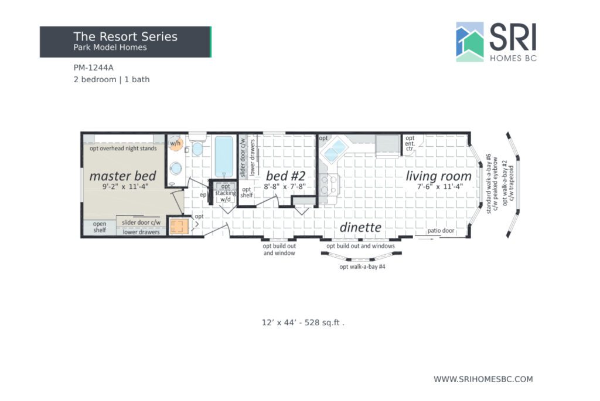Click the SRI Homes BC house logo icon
469,42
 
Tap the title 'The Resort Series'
125,36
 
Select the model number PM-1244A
93,68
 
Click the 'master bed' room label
122,176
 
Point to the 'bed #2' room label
285,176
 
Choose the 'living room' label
438,176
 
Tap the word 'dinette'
360,227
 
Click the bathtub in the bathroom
224,156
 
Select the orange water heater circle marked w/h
176,143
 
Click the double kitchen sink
335,150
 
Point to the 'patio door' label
441,230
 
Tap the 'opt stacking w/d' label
226,193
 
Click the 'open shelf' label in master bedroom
100,227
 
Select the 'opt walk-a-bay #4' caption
362,267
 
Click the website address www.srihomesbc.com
483,379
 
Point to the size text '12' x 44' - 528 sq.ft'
302,322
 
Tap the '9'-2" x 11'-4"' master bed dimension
125,187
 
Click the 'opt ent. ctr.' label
410,143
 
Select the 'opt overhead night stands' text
123,149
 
